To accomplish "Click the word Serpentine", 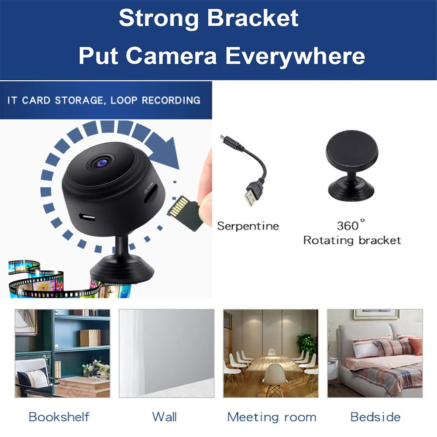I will (x=248, y=226).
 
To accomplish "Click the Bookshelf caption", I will (x=59, y=416).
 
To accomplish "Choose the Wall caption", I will (x=165, y=416).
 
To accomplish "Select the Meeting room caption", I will (x=272, y=417).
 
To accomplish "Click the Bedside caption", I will (x=375, y=416).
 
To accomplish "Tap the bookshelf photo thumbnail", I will (x=62, y=353).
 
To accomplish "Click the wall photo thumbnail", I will (x=166, y=353).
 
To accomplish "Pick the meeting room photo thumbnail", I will (x=271, y=353).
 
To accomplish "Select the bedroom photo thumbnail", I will (x=375, y=353).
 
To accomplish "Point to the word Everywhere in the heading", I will (x=295, y=56).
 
